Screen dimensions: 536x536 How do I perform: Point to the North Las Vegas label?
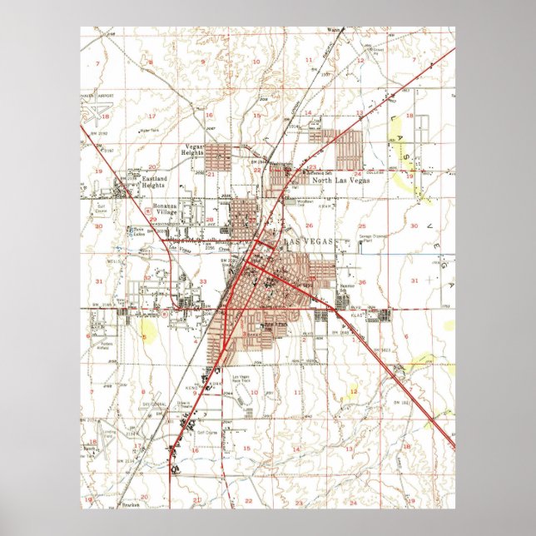tap(337, 179)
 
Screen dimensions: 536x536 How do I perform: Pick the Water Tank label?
tap(149, 130)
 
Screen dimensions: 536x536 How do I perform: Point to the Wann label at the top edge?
tap(334, 30)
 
